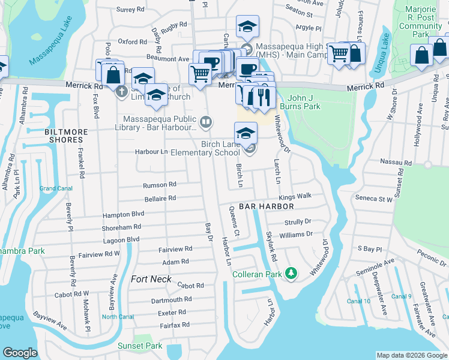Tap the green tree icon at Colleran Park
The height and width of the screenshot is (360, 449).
[291, 274]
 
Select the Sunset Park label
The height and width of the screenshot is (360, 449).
[141, 346]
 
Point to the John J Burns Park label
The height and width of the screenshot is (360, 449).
[312, 102]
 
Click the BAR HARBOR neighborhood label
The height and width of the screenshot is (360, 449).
[266, 206]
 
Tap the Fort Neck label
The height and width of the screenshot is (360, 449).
[151, 279]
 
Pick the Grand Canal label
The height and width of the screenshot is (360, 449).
[56, 188]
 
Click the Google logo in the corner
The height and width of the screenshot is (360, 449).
[20, 353]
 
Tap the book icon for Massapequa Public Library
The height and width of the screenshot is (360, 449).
[205, 122]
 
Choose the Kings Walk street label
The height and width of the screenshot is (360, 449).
[295, 196]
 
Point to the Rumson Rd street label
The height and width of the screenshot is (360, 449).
[160, 185]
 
